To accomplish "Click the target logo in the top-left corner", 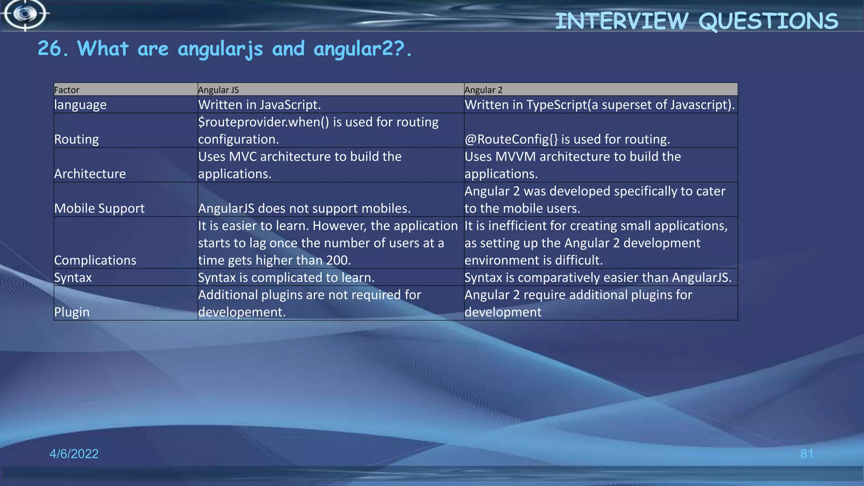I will point(25,14).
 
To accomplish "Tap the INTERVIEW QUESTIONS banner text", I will point(696,21).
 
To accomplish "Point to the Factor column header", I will point(67,90).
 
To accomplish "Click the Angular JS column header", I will point(219,90).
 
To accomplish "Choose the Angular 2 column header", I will point(483,90).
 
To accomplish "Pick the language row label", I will point(81,105).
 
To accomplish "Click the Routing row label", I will point(76,139).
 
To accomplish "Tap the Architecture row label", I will point(90,174).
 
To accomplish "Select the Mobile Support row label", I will point(99,208).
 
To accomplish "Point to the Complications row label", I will point(95,260).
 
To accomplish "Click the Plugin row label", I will point(72,312).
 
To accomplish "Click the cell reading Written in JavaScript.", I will point(259,105).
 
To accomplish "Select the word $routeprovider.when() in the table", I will point(264,122).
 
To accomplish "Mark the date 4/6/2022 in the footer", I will point(74,454).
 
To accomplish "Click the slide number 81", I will point(807,454).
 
